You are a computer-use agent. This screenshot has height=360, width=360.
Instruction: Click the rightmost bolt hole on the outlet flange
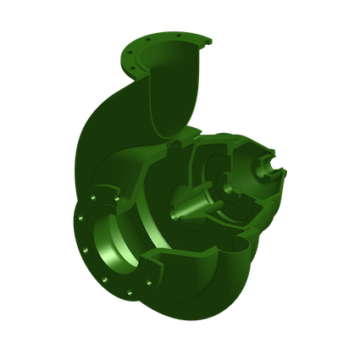pos(203,41)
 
